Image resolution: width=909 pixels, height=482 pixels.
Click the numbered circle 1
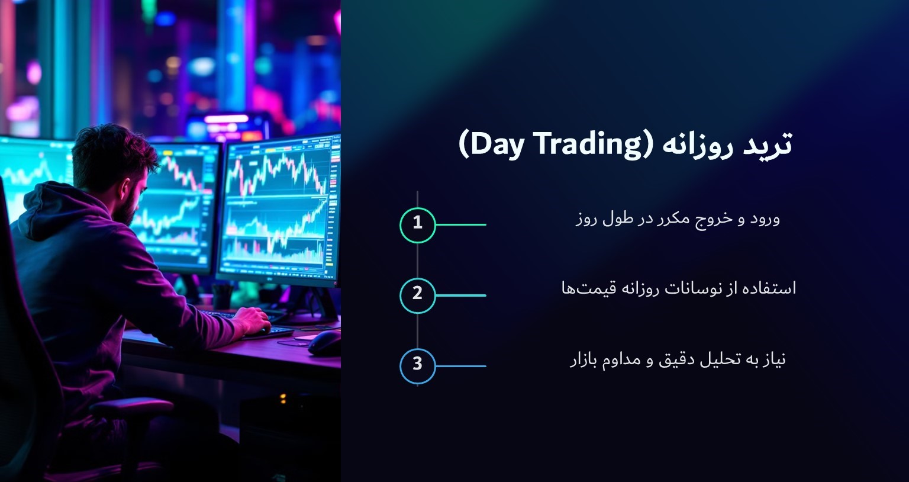coord(417,224)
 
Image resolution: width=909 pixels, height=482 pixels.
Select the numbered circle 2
coord(417,295)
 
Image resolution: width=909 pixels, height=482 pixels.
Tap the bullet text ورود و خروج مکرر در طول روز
coord(678,219)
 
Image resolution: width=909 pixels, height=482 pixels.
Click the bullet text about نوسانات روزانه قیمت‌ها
coord(679,289)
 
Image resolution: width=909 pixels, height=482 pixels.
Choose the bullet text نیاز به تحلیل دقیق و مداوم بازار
coord(678,359)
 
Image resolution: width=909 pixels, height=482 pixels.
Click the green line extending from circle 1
coord(460,224)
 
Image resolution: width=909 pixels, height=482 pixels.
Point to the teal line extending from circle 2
coord(460,295)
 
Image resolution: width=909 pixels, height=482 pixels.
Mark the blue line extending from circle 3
coord(460,365)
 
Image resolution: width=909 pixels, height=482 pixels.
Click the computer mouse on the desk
coord(324,342)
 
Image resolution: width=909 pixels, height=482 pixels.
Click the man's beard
coord(127,210)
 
